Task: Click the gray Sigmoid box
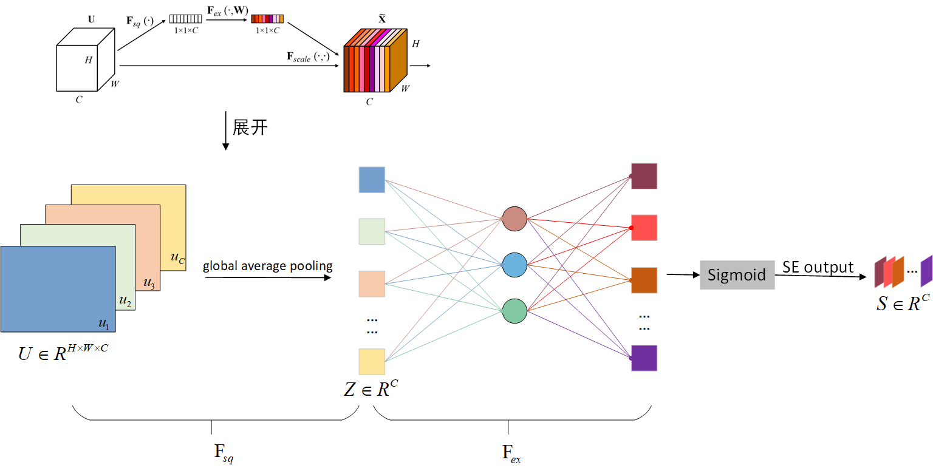(x=737, y=275)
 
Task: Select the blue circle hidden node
(x=514, y=265)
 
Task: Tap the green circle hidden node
(x=514, y=311)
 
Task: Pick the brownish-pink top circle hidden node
(x=514, y=219)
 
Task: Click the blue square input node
(x=372, y=180)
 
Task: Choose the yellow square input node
(x=372, y=362)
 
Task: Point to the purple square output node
(x=644, y=358)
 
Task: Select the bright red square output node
(x=644, y=228)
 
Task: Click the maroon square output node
(x=644, y=176)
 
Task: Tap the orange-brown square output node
(x=644, y=280)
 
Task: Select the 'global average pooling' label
(x=268, y=266)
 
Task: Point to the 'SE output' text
(x=818, y=268)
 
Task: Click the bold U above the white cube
(x=91, y=19)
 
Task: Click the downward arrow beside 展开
(x=226, y=131)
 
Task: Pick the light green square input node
(x=372, y=231)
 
